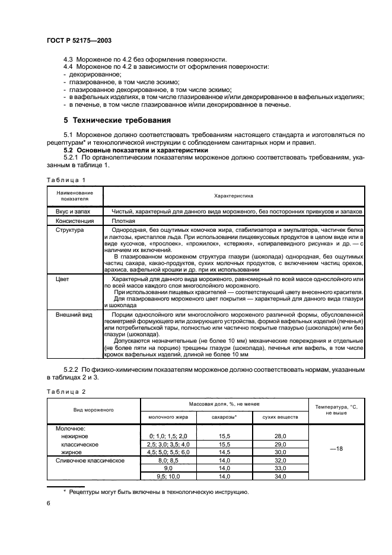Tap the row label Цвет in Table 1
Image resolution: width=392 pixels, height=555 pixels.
63,277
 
